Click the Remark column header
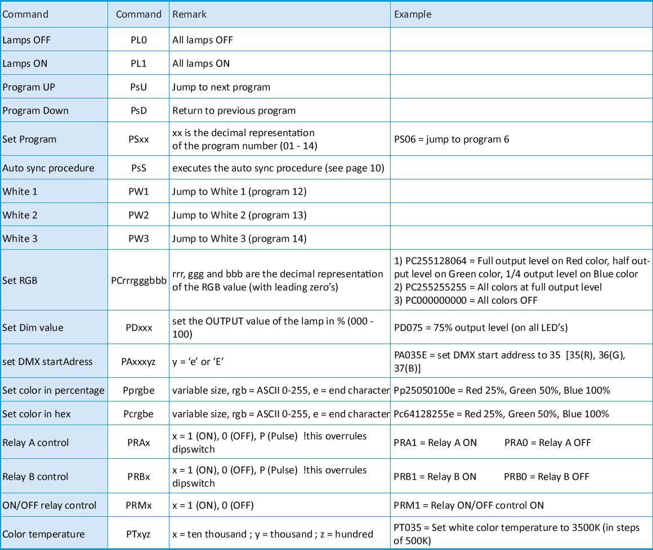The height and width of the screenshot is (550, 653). pyautogui.click(x=189, y=14)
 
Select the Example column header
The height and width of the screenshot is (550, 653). pyautogui.click(x=413, y=14)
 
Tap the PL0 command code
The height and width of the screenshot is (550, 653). pyautogui.click(x=138, y=40)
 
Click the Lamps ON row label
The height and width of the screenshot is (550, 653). pyautogui.click(x=25, y=64)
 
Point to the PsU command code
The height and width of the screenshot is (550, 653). pyautogui.click(x=138, y=87)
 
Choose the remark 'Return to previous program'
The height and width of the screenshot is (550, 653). pyautogui.click(x=234, y=111)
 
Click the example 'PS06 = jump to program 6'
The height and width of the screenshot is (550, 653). pyautogui.click(x=451, y=139)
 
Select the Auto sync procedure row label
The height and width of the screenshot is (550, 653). pyautogui.click(x=48, y=168)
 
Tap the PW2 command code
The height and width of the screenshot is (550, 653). pyautogui.click(x=138, y=215)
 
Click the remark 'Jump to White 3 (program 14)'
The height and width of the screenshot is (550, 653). pyautogui.click(x=239, y=238)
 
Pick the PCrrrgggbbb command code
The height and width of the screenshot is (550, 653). pyautogui.click(x=138, y=280)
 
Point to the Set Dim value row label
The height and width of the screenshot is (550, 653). pyautogui.click(x=33, y=327)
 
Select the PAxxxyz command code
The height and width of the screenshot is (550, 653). pyautogui.click(x=138, y=361)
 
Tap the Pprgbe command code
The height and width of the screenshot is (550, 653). pyautogui.click(x=138, y=390)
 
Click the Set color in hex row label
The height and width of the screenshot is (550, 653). pyautogui.click(x=37, y=414)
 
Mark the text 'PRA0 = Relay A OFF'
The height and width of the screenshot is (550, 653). pyautogui.click(x=547, y=443)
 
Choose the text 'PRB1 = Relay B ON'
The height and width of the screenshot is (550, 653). pyautogui.click(x=435, y=476)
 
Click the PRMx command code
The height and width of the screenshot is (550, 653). pyautogui.click(x=138, y=505)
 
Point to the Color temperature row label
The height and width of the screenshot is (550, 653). pyautogui.click(x=43, y=534)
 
